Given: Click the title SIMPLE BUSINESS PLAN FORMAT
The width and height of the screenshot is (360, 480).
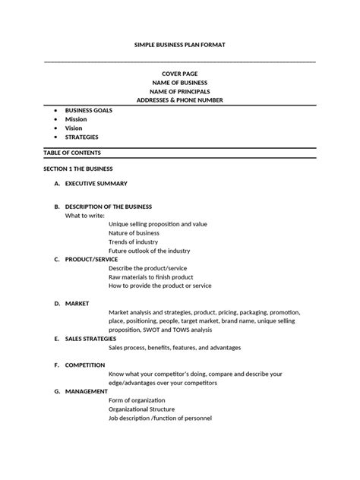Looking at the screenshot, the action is (x=180, y=46).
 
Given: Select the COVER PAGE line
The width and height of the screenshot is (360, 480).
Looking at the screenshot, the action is (x=180, y=73).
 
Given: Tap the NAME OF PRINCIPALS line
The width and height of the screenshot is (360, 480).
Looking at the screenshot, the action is (x=180, y=91).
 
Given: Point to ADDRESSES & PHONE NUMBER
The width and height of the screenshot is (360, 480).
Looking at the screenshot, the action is (x=180, y=100).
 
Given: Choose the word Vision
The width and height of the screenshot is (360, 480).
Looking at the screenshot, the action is (x=74, y=128).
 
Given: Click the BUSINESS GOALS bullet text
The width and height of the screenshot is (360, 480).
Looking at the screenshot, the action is (x=88, y=110).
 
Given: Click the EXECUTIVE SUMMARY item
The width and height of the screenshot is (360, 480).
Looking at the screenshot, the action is (x=96, y=184).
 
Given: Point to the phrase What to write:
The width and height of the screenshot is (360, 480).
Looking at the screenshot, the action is (x=84, y=216).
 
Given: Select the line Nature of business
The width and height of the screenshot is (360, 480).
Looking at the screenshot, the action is (x=139, y=233).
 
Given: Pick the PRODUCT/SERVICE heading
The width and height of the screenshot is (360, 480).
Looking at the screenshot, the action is (x=91, y=259).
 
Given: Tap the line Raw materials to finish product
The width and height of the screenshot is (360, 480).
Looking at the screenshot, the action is (x=150, y=277).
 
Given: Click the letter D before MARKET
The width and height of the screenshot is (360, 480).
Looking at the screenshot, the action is (x=56, y=303).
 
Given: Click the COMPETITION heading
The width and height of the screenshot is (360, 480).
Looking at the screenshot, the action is (x=85, y=365).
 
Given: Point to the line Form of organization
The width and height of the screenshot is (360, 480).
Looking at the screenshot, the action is (x=143, y=401).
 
